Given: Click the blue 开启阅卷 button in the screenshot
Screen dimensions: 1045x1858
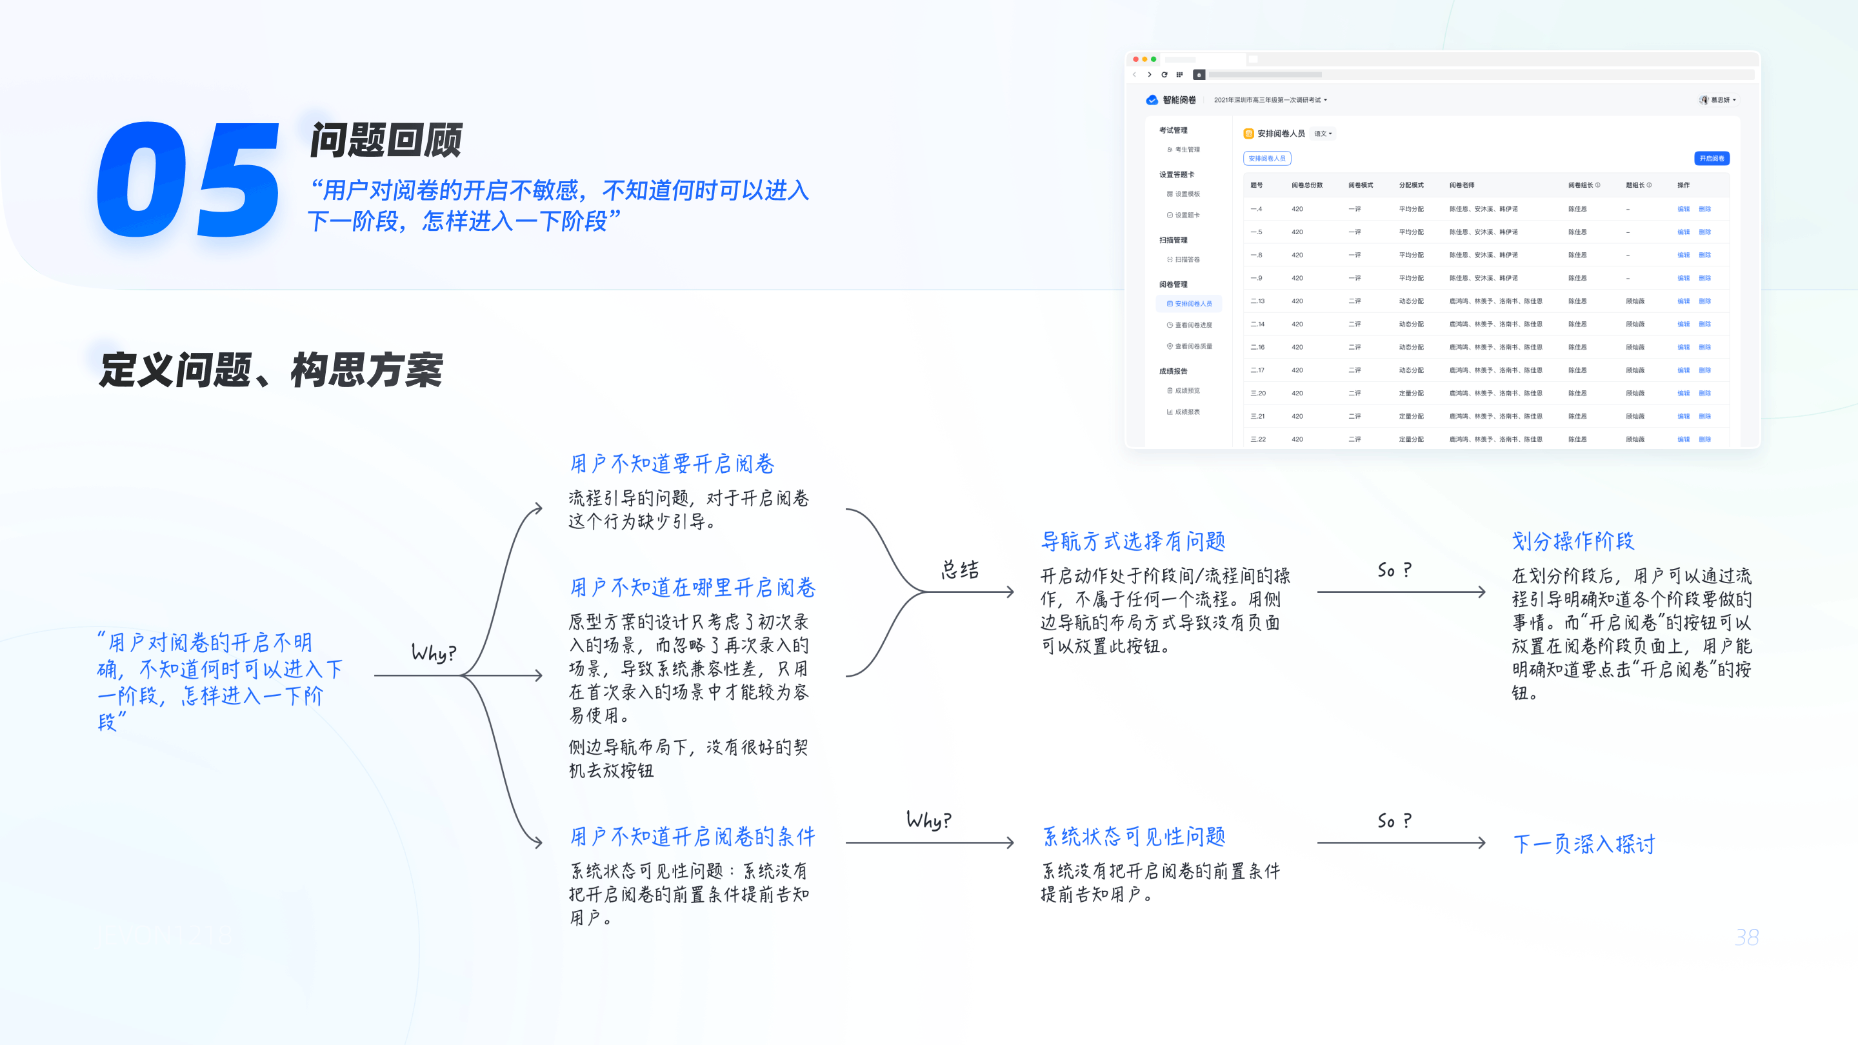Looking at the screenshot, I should coord(1711,158).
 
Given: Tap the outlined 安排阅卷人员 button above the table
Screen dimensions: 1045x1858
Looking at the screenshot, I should coord(1266,158).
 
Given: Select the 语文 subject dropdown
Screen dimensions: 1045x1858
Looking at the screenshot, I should coord(1323,134).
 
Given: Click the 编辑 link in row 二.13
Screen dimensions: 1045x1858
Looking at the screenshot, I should coord(1683,301).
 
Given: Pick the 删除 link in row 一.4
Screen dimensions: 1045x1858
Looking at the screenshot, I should coord(1704,209).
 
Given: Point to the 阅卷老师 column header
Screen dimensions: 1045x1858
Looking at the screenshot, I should coord(1461,185).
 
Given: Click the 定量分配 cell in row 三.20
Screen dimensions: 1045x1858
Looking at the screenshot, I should coord(1411,393).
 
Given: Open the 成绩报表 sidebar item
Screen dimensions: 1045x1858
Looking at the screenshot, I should coord(1187,412).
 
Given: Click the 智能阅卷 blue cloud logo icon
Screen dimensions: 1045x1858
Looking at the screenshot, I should coord(1152,100).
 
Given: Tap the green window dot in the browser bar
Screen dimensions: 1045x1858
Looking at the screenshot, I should coord(1154,59).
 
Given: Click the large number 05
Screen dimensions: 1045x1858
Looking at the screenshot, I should coord(188,181).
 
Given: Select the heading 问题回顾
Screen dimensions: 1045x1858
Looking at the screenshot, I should coord(386,140).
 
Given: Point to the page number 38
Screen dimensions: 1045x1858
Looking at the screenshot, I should coord(1746,937).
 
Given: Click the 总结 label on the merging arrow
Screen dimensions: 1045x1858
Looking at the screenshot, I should coord(960,570).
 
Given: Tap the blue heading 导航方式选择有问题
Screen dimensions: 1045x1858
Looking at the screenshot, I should coord(1132,541).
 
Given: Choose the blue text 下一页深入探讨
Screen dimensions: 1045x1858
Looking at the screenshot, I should coord(1583,843).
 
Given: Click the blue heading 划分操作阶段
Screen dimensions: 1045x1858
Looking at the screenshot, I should coord(1572,541).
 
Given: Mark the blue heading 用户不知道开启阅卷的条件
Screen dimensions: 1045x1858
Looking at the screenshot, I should coord(692,837).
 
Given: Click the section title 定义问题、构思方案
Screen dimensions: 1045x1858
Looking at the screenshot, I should coord(270,370).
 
